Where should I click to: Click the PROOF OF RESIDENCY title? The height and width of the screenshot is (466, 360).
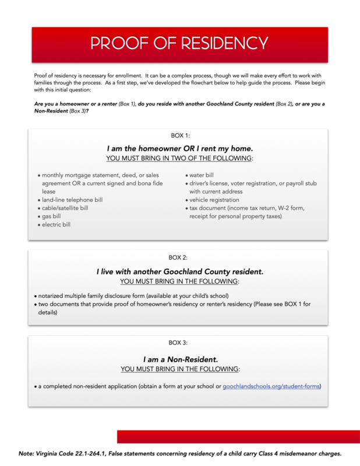tap(179, 44)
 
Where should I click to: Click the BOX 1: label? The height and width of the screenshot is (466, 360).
tap(180, 136)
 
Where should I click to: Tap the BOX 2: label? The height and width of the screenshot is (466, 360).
tap(178, 257)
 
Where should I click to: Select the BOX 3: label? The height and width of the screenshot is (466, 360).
tap(178, 343)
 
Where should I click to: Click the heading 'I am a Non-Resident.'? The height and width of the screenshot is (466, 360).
tap(180, 359)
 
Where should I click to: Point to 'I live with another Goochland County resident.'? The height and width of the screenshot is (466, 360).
tap(180, 271)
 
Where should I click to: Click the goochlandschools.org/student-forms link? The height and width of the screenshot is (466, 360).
tap(271, 386)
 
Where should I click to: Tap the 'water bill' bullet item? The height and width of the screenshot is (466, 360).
tap(202, 175)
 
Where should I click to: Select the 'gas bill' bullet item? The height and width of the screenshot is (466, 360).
tap(51, 216)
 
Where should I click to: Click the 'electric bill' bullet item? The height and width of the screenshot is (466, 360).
tap(56, 224)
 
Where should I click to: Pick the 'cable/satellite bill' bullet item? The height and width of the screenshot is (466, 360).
tap(65, 208)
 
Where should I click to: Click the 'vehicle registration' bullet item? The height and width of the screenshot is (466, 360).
tap(214, 200)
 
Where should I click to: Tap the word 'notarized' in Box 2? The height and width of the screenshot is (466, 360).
tap(52, 295)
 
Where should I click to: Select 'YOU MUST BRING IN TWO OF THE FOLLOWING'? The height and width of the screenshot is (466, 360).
tap(179, 158)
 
